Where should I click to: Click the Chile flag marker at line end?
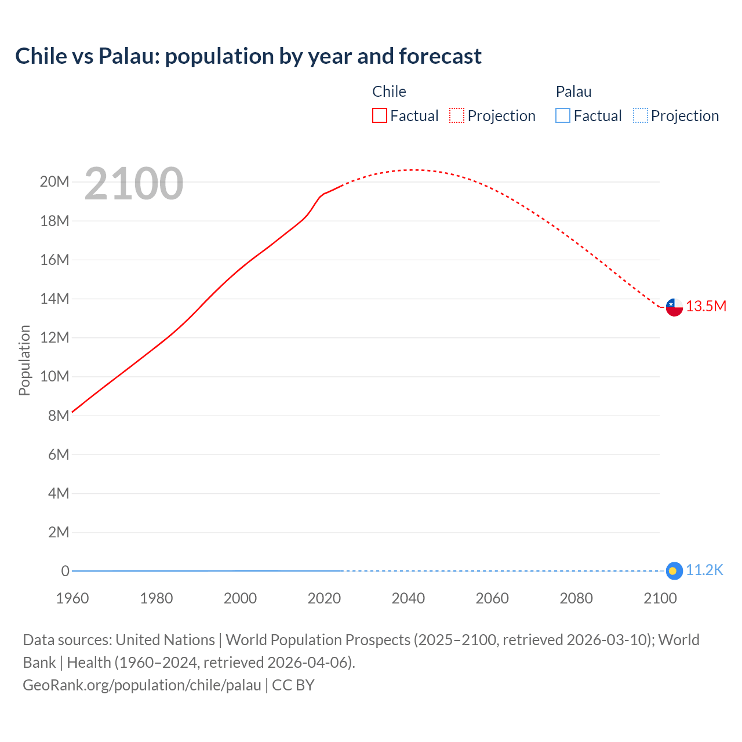674,307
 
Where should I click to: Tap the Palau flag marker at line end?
674,571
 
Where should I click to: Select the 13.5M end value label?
706,307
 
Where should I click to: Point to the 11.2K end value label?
704,570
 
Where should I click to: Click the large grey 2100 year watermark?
134,184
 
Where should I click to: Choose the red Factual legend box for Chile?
380,116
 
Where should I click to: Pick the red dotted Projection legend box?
457,116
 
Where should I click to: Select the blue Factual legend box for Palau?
563,116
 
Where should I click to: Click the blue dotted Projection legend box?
641,116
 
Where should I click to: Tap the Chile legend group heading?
389,92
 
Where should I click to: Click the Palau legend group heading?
573,92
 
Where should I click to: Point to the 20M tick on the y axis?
54,182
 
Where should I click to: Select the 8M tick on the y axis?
59,416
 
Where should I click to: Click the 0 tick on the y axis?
66,571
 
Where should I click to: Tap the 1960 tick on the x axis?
72,598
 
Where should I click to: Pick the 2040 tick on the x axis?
408,598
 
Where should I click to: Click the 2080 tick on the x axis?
576,598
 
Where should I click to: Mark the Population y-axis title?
24,360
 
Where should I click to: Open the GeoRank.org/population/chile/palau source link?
142,685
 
